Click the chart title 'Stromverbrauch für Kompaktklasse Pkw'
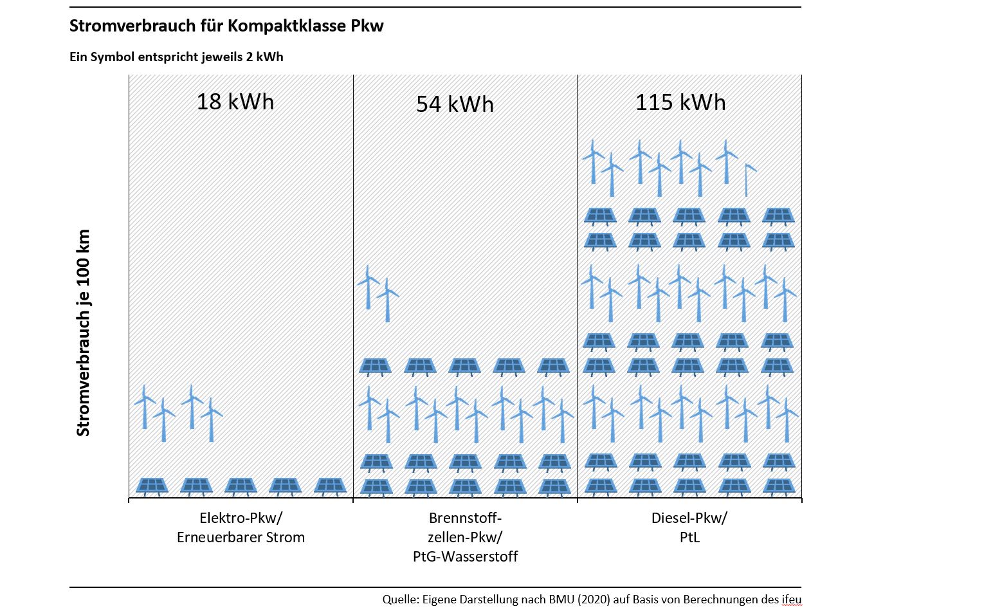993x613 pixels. (x=226, y=26)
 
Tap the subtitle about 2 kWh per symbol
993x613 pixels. (x=176, y=57)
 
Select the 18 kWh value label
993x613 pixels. (x=235, y=102)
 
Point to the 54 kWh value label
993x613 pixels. (x=455, y=104)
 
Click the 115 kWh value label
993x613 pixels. (x=680, y=102)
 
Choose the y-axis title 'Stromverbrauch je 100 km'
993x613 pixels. (x=84, y=333)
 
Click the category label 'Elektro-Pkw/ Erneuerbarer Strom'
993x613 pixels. (x=241, y=527)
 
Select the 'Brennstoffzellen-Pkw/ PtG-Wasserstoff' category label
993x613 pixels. (x=465, y=537)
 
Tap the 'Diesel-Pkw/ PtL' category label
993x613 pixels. (x=689, y=527)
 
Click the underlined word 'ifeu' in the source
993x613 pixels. (x=792, y=599)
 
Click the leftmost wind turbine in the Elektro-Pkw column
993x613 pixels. (x=145, y=405)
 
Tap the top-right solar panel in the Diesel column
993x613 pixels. (x=778, y=215)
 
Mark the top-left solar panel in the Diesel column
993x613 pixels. (x=600, y=215)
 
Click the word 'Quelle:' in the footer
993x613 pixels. (x=400, y=599)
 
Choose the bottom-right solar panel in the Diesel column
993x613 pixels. (x=779, y=486)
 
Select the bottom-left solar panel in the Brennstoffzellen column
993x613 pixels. (x=376, y=486)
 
